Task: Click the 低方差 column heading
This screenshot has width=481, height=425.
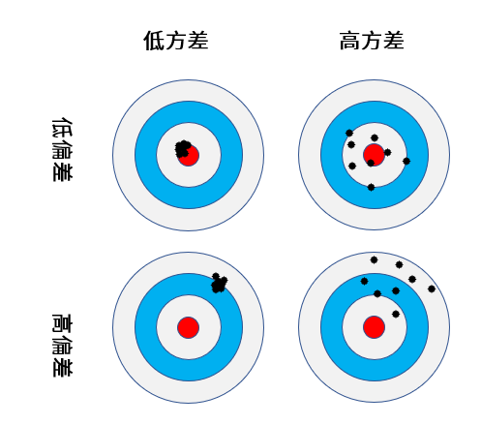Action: tap(176, 41)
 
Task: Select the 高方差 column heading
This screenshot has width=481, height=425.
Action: tap(372, 41)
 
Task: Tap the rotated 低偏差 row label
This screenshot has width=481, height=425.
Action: tap(62, 149)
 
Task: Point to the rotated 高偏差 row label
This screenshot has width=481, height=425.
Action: tap(62, 345)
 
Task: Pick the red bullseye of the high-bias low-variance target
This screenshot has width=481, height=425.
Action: tap(188, 327)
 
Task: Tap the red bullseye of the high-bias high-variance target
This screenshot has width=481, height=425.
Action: tap(374, 327)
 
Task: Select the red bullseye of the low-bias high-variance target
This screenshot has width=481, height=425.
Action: tap(374, 155)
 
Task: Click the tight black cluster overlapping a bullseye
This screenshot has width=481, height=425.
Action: tap(183, 149)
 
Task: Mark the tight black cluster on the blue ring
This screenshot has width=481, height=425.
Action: tap(219, 283)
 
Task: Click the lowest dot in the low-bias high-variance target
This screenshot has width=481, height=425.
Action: tap(371, 187)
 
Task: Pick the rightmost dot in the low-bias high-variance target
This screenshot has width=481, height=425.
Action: tap(406, 161)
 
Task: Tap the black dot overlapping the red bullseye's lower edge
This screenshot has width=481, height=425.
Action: tap(371, 163)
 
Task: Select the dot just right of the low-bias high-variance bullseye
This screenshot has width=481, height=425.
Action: tap(388, 152)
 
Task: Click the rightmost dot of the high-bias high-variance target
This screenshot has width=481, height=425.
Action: tap(432, 288)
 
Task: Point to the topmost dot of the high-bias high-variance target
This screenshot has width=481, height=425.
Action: tap(374, 259)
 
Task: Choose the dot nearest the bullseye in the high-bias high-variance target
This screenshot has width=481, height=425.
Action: tap(396, 314)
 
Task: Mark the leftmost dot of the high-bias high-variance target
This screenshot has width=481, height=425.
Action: tap(365, 282)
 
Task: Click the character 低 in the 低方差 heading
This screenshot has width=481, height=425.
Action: tap(154, 41)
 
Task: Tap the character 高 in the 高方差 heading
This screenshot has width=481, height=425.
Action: tap(350, 41)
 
